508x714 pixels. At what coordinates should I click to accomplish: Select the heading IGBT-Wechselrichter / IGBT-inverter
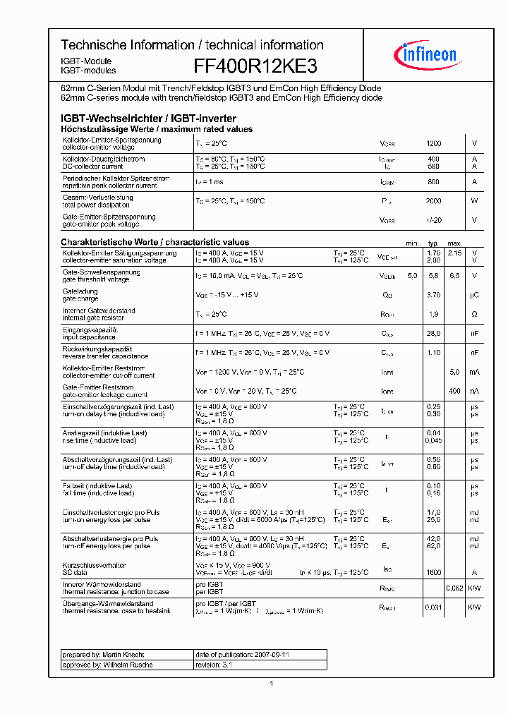[x=148, y=119]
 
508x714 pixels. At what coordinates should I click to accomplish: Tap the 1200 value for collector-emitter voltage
[x=433, y=143]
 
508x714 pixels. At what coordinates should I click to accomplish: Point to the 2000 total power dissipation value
[x=433, y=201]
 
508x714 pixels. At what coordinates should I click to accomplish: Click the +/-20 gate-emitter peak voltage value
[x=433, y=220]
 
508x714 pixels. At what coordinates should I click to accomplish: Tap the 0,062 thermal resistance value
[x=454, y=588]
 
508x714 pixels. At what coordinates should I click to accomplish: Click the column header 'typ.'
[x=433, y=243]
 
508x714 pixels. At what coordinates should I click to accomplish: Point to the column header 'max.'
[x=454, y=243]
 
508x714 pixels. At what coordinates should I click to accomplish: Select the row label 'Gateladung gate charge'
[x=80, y=295]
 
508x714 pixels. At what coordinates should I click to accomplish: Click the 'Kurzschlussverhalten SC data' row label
[x=95, y=569]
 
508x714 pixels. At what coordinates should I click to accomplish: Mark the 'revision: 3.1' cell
[x=212, y=665]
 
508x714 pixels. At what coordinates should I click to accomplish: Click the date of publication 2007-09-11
[x=242, y=655]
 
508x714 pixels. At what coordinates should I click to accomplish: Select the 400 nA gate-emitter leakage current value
[x=454, y=390]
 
